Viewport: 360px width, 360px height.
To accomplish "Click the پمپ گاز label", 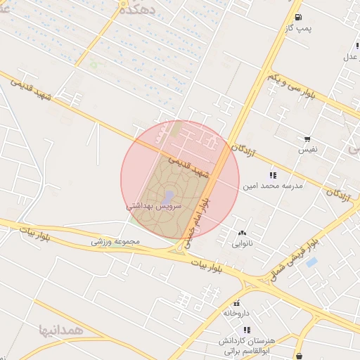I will click(298, 27).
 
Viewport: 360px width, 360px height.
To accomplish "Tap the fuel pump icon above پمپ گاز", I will click(299, 17).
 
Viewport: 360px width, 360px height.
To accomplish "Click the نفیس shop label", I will click(307, 150).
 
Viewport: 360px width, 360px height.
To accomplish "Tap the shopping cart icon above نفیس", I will click(307, 139).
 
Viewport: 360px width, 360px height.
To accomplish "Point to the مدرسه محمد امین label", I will click(273, 186).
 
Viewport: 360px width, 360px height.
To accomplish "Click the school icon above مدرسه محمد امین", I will click(273, 175).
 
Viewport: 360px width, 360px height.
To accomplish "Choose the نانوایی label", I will click(243, 244).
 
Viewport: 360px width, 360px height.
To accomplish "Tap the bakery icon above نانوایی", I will click(243, 233).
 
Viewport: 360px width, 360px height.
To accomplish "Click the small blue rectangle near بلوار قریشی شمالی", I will click(311, 263).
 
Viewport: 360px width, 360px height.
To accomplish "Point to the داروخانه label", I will click(237, 312).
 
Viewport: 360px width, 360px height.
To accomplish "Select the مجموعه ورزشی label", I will click(116, 241).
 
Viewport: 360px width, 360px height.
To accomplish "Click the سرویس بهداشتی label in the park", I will click(154, 207).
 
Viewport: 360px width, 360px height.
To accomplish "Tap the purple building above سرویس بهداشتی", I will click(169, 196).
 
